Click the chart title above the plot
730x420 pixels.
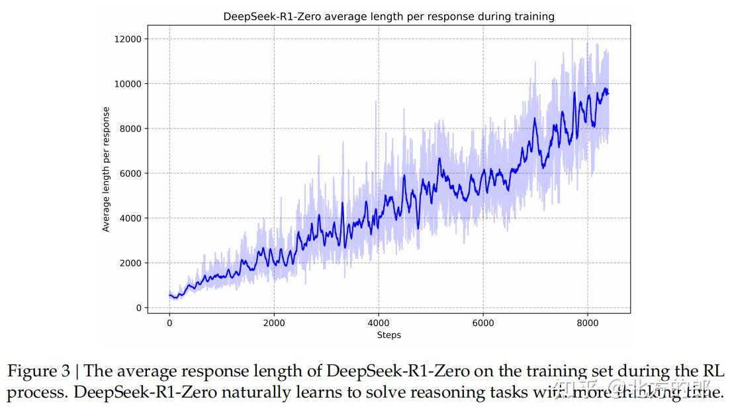388,16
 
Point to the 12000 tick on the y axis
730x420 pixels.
128,39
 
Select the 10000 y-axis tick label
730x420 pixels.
128,84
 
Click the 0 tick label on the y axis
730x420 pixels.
138,308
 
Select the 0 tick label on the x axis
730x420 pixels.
169,323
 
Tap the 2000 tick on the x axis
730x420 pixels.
274,323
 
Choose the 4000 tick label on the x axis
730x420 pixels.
379,323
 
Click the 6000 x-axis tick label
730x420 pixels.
483,323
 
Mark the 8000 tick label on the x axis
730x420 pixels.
588,323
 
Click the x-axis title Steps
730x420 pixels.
388,335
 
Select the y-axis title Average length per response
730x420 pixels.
106,169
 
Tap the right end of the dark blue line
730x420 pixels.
608,93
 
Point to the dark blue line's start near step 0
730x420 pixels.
170,295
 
